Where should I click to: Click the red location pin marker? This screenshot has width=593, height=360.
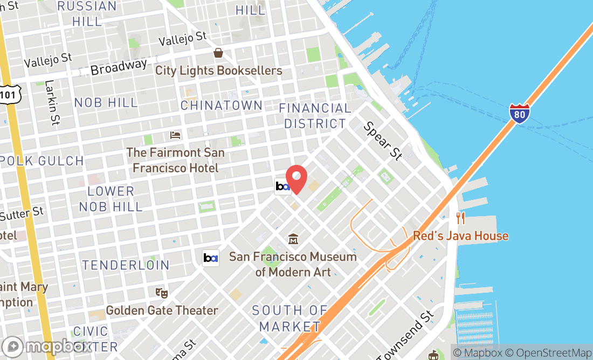coord(296,178)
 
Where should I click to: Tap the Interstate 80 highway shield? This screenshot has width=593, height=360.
coord(519,114)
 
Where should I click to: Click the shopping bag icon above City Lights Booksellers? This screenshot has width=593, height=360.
coord(218,53)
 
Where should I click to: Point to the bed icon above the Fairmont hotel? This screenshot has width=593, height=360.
coord(175,135)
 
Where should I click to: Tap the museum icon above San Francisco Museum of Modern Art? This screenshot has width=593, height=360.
coord(293,239)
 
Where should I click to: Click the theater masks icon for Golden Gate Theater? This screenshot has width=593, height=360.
coord(162,293)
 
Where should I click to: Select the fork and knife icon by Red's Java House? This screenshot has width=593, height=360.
coord(460,218)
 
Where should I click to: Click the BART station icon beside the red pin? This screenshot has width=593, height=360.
coord(282,186)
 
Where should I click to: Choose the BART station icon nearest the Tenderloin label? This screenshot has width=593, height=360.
coord(210,258)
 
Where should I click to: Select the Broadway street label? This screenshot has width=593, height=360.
coord(119,67)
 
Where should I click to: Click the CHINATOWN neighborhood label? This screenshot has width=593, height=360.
coord(221,105)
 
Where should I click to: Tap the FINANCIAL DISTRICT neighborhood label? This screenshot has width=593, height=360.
coord(315,116)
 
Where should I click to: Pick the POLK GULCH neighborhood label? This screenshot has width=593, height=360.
coord(42,161)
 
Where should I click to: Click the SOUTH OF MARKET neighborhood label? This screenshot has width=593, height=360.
coord(289,318)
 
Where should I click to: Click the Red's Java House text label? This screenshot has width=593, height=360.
coord(460,236)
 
